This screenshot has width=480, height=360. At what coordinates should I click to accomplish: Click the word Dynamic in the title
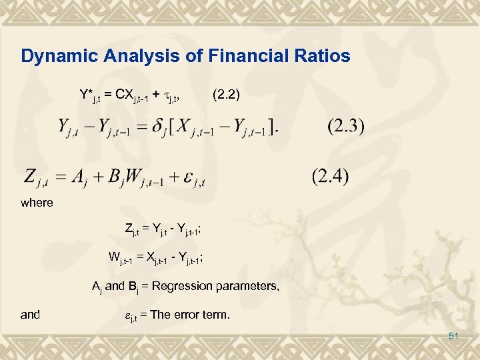point(51,56)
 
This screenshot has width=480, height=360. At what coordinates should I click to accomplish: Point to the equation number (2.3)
point(346,126)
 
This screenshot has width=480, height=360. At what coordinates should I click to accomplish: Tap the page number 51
point(454,336)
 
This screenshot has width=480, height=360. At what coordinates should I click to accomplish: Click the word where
point(37,203)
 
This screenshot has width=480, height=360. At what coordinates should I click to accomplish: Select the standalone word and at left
point(31,314)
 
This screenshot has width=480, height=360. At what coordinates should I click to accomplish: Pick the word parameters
point(247,286)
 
